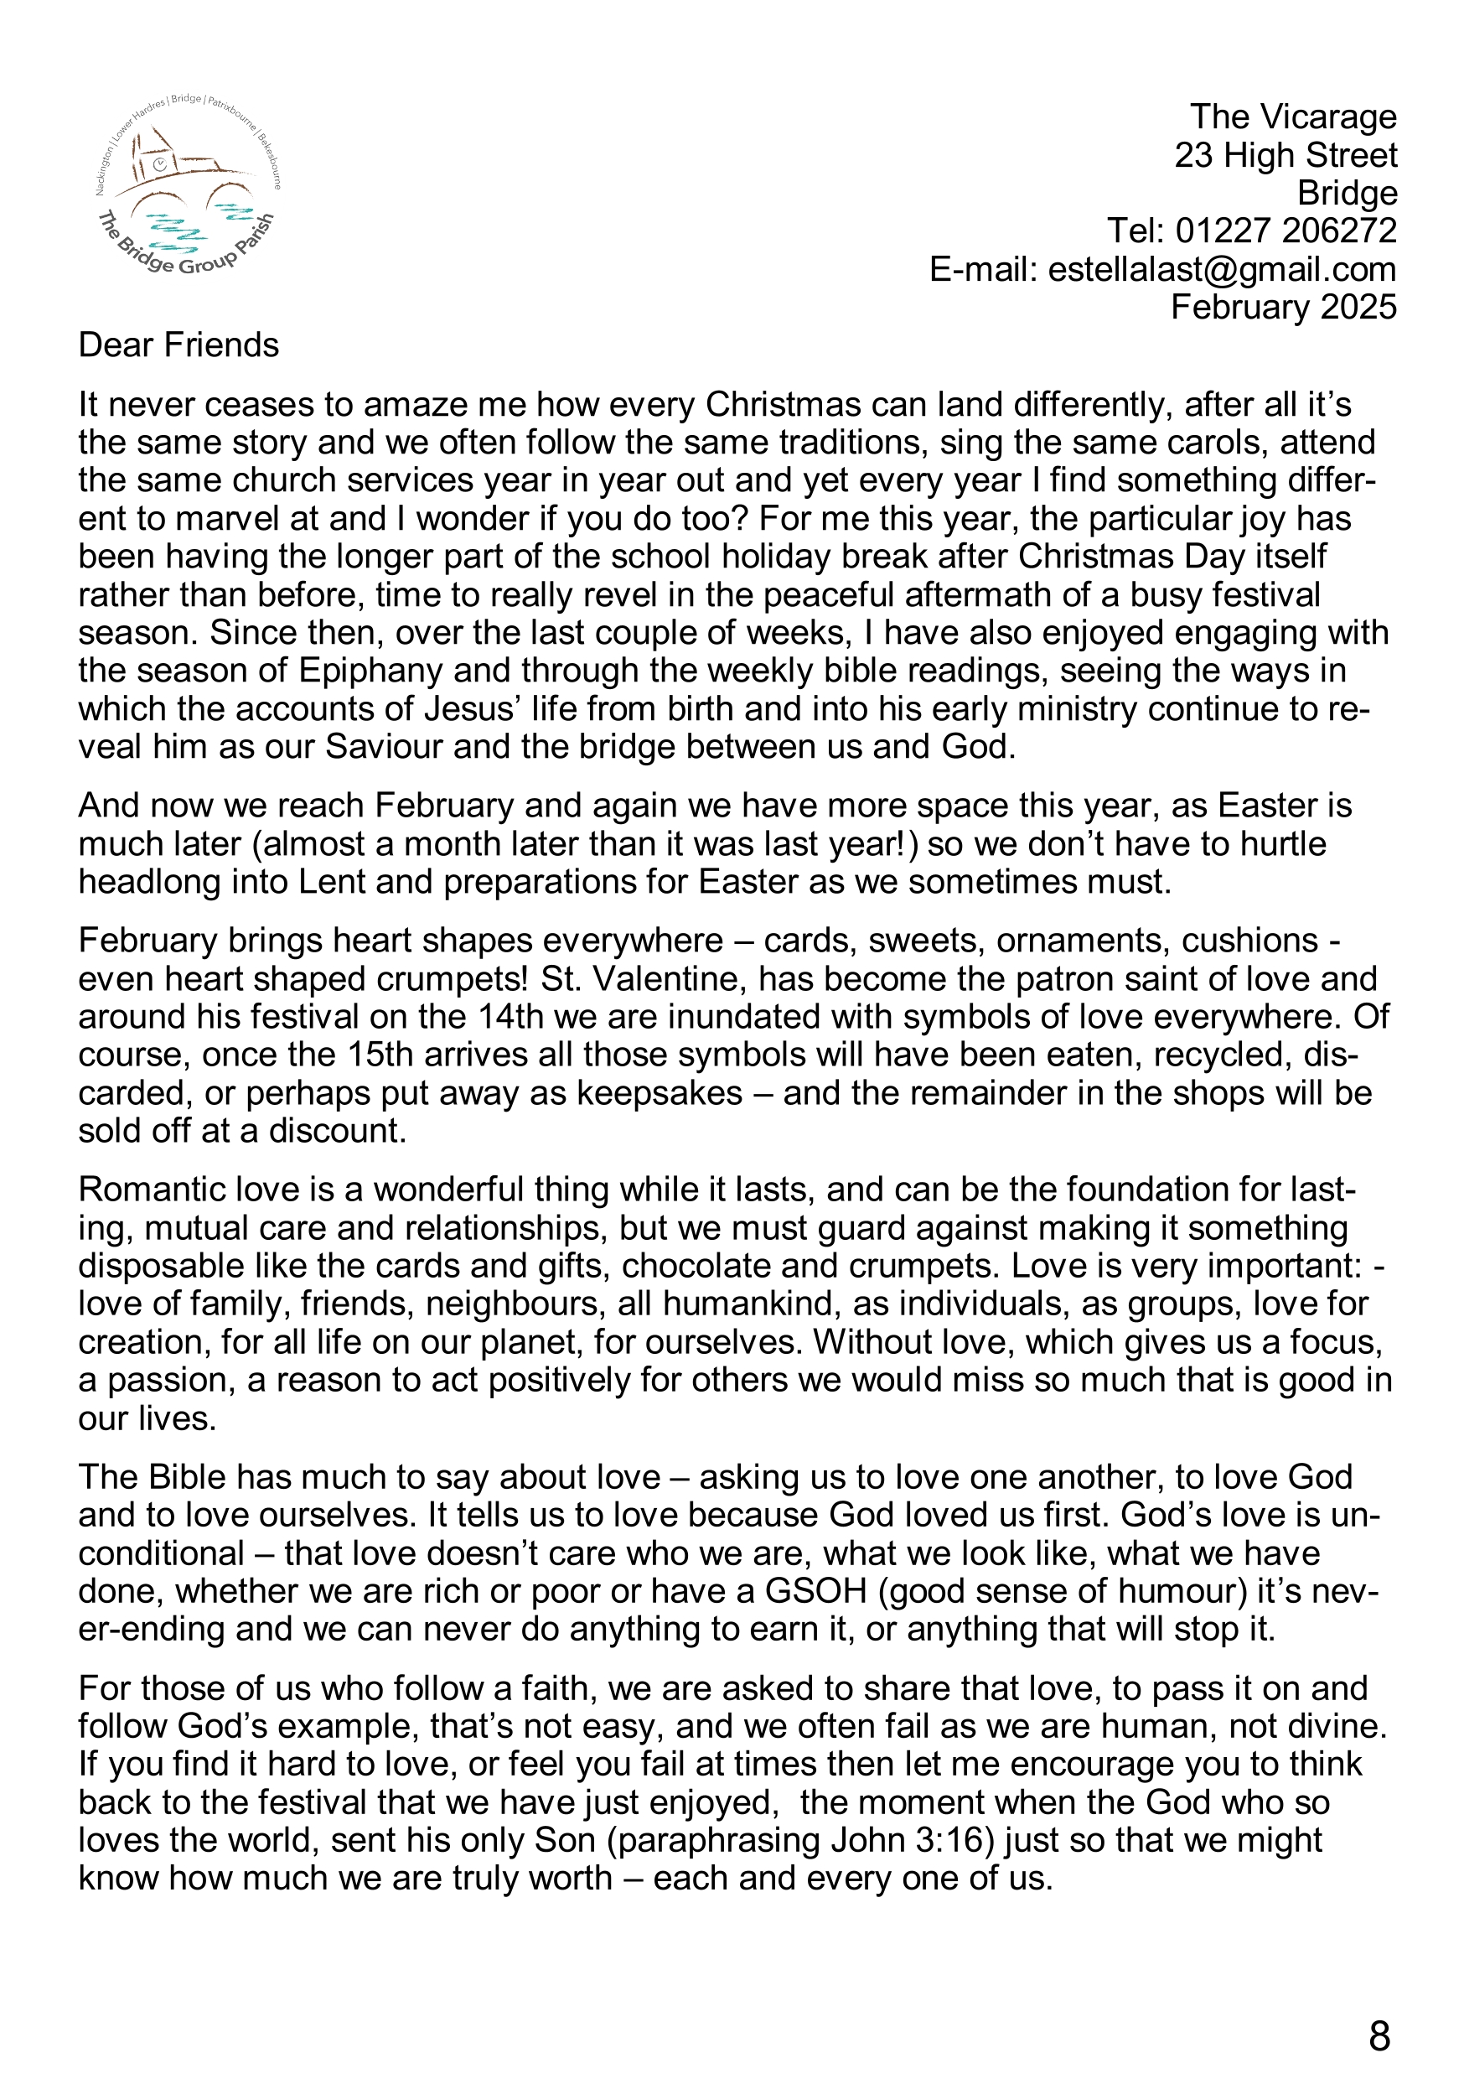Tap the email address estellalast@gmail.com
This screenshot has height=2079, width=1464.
[x=1221, y=270]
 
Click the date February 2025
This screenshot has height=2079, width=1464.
[x=1283, y=308]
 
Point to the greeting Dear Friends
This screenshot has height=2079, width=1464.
[x=178, y=346]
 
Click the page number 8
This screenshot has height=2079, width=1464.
[x=1379, y=2036]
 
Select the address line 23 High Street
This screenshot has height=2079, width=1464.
[x=1286, y=156]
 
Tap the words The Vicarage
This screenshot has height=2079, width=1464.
[x=1293, y=117]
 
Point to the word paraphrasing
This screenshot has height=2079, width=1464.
[x=731, y=1840]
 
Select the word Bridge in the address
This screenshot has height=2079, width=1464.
[x=1348, y=194]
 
